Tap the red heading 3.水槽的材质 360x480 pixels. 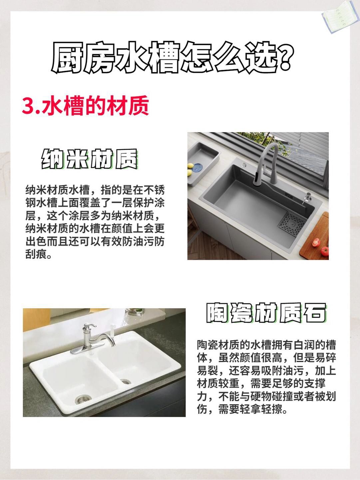(x=86, y=106)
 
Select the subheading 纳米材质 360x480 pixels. (x=90, y=159)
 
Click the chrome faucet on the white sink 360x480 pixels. (x=94, y=338)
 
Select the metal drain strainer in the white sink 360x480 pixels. (x=83, y=399)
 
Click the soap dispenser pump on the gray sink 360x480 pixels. (x=308, y=199)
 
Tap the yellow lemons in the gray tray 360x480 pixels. (x=190, y=169)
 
